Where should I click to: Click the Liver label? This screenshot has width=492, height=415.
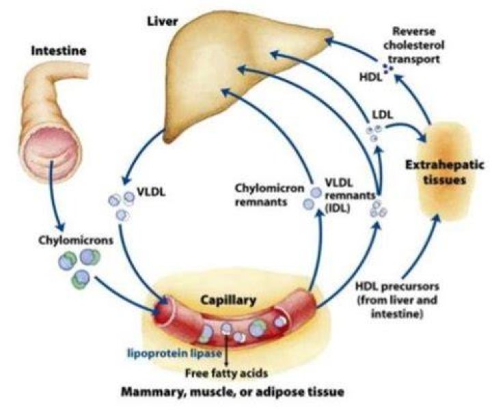(163, 22)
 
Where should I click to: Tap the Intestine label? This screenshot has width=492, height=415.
(59, 51)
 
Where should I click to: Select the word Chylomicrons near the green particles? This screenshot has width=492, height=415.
(76, 240)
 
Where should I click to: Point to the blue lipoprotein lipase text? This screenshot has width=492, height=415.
(174, 354)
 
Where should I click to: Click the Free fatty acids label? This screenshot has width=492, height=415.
(226, 373)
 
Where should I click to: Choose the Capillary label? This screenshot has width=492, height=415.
(228, 300)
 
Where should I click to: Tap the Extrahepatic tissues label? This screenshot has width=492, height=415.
(445, 172)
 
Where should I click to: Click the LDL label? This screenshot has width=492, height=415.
(383, 115)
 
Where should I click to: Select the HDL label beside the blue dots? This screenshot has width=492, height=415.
(370, 77)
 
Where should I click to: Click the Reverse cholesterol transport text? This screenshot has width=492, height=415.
(414, 46)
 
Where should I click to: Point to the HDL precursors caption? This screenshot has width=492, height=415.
(397, 300)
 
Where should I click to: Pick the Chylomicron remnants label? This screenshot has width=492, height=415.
(269, 195)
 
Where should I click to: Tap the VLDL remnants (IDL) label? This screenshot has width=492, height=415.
(350, 195)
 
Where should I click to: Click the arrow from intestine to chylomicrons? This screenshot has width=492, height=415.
(55, 196)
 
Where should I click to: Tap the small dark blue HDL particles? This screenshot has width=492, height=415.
(388, 68)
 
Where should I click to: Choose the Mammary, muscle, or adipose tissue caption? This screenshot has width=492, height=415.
(232, 392)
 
